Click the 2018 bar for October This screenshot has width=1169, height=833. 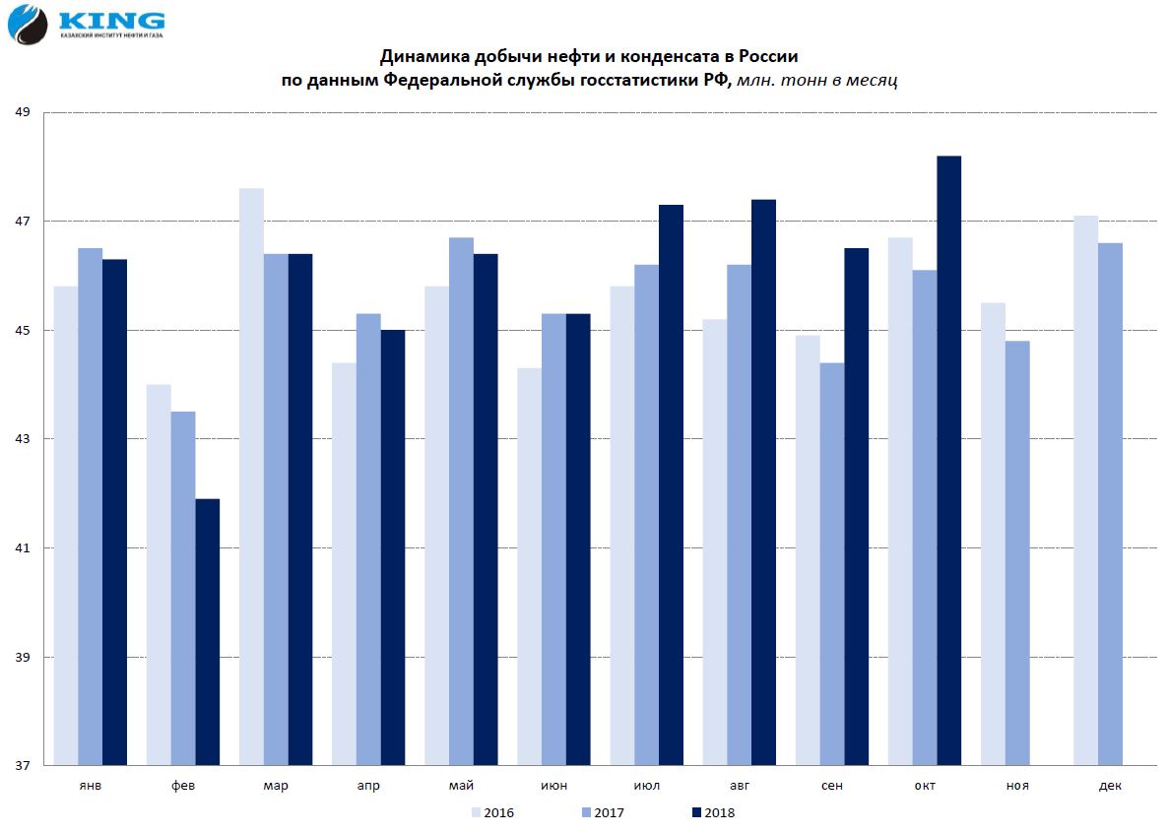click(x=948, y=460)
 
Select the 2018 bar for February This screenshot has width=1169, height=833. click(x=207, y=632)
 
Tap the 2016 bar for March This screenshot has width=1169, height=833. click(x=251, y=477)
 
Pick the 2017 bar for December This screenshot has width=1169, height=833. click(x=1110, y=503)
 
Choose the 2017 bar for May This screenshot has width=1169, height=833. click(x=461, y=501)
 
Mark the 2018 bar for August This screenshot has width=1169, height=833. click(x=763, y=481)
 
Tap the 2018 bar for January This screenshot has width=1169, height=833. click(x=114, y=512)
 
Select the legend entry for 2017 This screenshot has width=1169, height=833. click(x=603, y=812)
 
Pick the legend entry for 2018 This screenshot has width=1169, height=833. click(x=713, y=812)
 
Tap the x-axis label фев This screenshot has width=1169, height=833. click(x=181, y=786)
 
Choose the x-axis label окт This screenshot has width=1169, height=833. click(x=924, y=786)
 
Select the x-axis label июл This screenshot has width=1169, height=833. click(x=646, y=786)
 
